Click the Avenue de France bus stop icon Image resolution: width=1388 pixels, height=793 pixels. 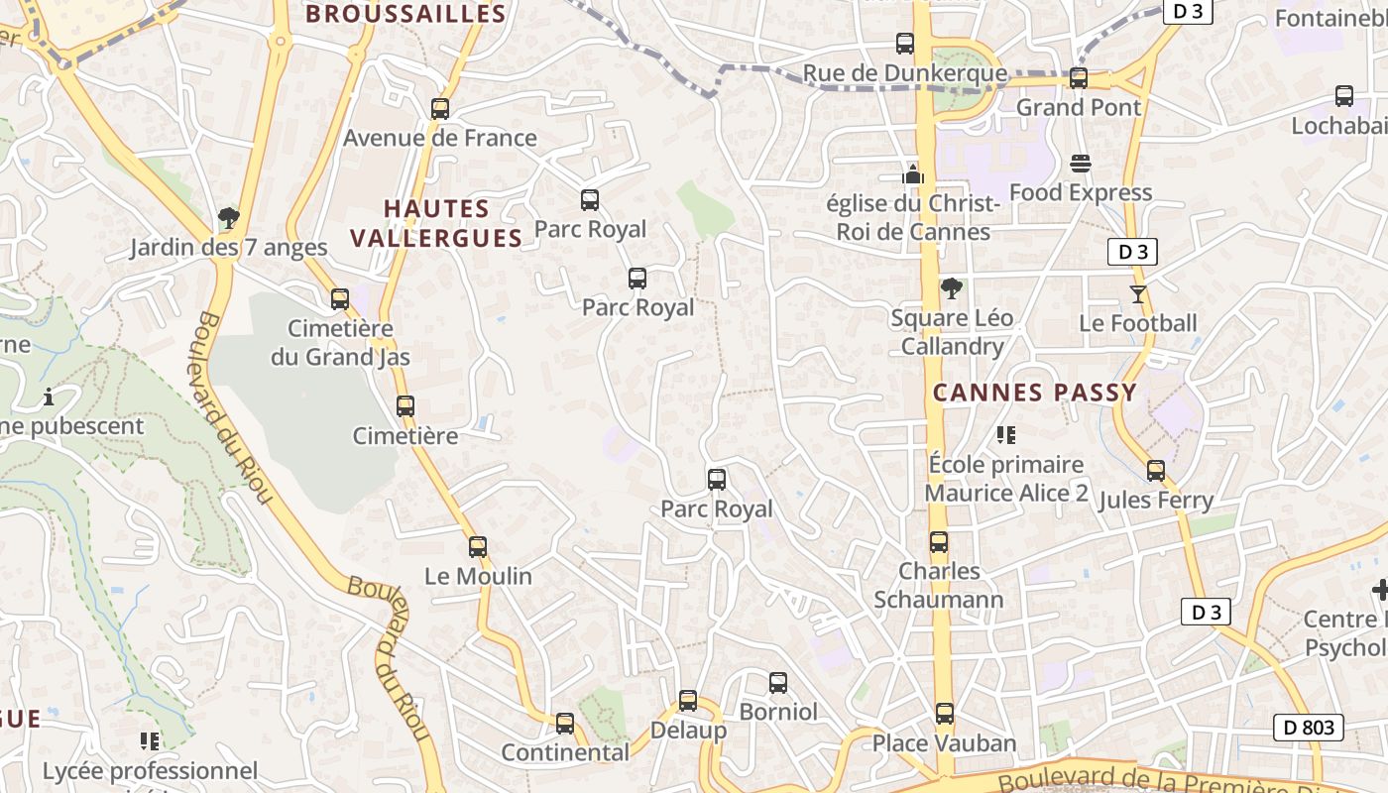440,109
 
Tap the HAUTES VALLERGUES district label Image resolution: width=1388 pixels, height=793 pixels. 436,223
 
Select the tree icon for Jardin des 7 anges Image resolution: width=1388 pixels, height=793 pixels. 229,218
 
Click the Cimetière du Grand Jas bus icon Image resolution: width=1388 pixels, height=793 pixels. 340,299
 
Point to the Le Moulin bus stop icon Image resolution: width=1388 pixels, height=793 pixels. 478,547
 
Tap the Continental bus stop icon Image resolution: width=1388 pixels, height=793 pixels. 565,724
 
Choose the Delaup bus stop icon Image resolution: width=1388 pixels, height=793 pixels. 688,701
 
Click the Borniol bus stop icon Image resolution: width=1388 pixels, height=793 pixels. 778,683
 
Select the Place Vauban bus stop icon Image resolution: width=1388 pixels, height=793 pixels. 945,714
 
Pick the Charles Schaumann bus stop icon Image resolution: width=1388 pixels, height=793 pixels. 939,542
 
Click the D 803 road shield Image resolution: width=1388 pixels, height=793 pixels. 1308,728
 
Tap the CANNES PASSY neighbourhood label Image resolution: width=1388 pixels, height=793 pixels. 1034,393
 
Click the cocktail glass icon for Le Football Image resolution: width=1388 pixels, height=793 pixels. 1137,294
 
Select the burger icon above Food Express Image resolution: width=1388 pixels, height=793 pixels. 1081,164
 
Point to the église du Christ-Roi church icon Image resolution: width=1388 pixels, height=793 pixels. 913,175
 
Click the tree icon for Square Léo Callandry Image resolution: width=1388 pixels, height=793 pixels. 952,288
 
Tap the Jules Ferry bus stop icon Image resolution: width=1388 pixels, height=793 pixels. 1156,471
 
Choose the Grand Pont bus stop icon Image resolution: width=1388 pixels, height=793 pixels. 1079,77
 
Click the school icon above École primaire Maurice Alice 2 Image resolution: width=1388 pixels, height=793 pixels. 1006,434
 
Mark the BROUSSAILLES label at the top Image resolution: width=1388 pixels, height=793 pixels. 405,14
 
